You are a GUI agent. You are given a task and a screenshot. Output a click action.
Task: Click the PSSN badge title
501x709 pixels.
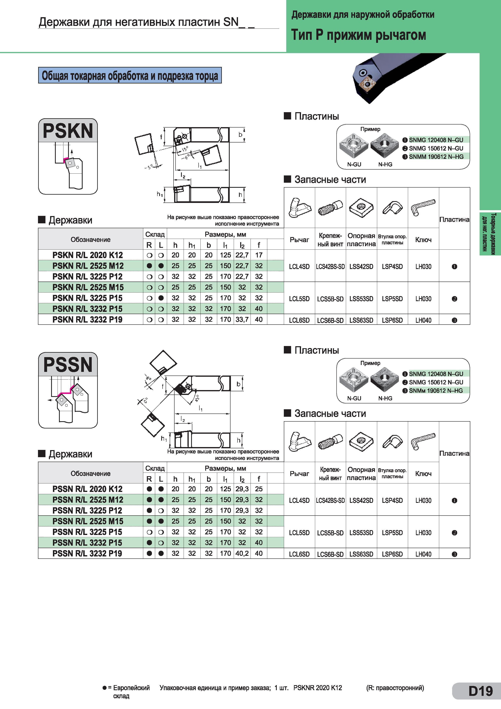[68, 365]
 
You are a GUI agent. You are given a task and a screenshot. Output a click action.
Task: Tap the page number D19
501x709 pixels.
[480, 691]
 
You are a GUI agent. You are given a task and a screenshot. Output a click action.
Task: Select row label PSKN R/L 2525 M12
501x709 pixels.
[88, 266]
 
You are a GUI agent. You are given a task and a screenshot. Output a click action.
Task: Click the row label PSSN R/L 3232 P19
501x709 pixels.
[87, 553]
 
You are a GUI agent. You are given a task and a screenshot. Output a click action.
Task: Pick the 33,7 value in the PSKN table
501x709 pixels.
[242, 320]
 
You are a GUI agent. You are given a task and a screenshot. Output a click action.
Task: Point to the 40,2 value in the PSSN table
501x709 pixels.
[242, 553]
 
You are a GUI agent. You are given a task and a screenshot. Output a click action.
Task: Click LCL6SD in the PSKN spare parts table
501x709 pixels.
[299, 320]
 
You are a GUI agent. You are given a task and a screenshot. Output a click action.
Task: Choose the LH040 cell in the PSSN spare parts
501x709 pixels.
[423, 554]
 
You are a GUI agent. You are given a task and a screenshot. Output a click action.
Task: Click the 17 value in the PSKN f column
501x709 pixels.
[259, 255]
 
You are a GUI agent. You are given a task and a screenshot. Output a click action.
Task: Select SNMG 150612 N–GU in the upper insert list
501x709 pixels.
[436, 148]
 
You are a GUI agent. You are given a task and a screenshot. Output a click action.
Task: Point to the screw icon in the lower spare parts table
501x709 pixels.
[330, 442]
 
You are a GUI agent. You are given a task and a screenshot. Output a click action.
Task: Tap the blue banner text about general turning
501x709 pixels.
[130, 76]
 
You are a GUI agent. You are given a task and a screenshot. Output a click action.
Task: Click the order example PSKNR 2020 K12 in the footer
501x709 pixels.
[318, 688]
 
